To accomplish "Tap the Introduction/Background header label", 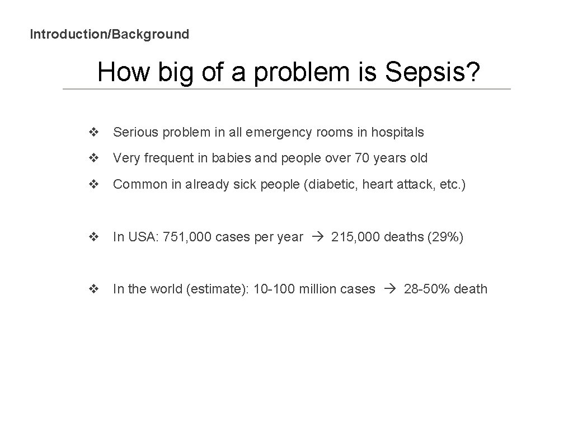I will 110,34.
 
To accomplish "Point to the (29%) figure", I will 445,237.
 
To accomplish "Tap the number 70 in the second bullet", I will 362,158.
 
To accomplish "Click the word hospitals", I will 398,133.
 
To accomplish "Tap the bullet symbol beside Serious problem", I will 93,133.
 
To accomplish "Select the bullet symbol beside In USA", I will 93,237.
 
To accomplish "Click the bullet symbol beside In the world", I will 93,289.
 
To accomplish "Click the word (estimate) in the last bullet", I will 217,289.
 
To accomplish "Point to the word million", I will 317,289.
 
